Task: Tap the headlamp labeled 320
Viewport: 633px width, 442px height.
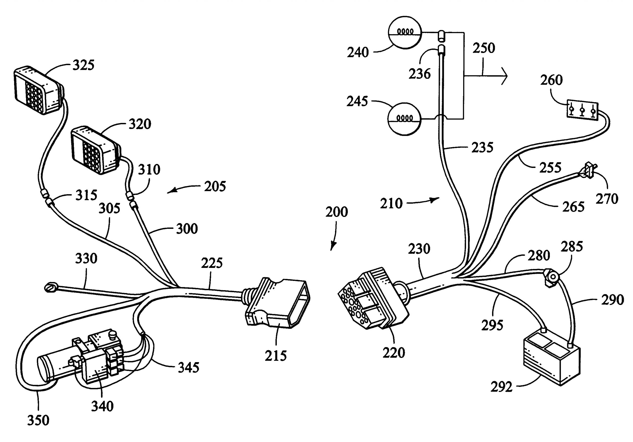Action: [95, 150]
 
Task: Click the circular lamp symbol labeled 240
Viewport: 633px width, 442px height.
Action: [405, 33]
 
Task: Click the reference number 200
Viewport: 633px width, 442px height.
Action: [336, 212]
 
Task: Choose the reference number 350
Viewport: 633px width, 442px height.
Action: [38, 420]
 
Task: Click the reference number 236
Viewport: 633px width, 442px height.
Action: [419, 74]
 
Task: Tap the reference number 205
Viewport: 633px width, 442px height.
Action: [215, 186]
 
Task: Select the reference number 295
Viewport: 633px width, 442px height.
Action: [492, 325]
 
